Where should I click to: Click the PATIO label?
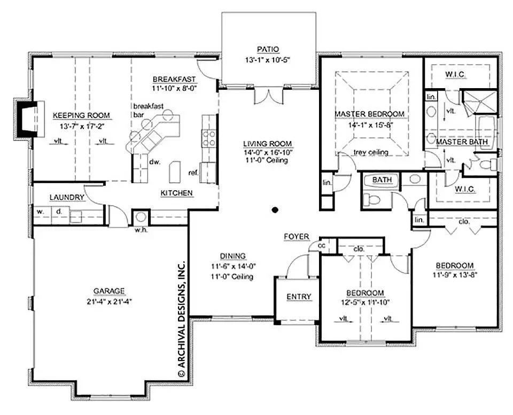(x=268, y=49)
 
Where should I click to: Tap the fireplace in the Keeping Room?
(x=29, y=119)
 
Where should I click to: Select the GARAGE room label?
(x=109, y=291)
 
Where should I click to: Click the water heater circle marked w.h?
(x=141, y=217)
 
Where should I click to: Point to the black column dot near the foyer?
(x=275, y=209)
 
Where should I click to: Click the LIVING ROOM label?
(x=268, y=144)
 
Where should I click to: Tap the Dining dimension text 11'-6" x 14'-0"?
(x=233, y=266)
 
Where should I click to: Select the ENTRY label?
(x=299, y=296)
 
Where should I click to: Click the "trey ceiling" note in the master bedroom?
(x=371, y=152)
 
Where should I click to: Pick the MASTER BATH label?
(x=462, y=142)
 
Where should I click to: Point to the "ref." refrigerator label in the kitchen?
(x=193, y=173)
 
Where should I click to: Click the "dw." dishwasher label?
(x=154, y=162)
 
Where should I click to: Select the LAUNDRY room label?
(x=67, y=198)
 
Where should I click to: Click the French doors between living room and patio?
(x=268, y=96)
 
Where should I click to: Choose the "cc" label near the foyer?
(x=322, y=245)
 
